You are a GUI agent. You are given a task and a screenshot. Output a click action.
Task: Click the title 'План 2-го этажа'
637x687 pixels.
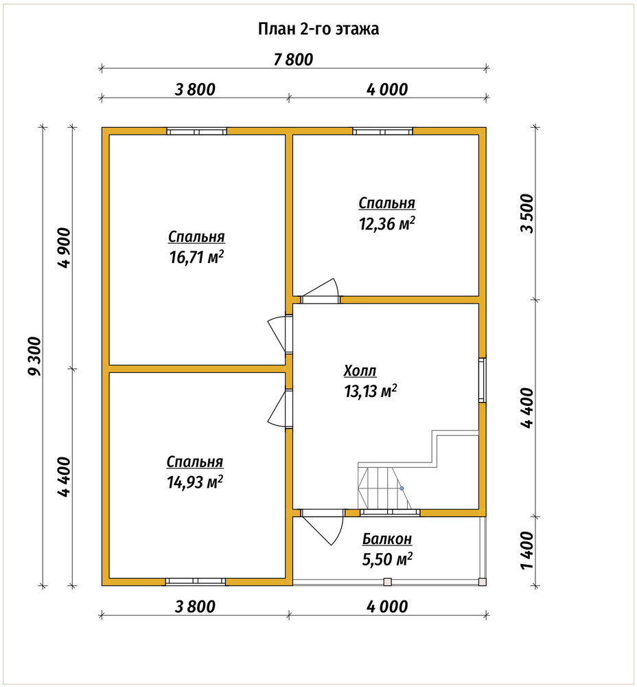318,29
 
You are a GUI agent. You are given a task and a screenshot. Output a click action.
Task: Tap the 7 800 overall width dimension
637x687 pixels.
293,60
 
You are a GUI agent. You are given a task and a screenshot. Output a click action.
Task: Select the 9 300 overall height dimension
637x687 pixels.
34,356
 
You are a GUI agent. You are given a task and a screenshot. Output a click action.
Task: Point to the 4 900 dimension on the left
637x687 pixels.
63,247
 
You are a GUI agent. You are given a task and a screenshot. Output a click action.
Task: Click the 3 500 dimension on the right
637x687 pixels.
528,214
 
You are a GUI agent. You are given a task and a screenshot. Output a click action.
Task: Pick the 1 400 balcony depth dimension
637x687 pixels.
528,551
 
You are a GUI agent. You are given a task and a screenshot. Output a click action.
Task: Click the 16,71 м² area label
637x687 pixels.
196,257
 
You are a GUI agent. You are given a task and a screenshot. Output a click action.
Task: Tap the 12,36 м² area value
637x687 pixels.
387,223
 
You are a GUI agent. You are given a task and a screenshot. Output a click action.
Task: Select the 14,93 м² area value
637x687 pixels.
195,482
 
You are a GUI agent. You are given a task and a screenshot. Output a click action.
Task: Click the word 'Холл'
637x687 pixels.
360,371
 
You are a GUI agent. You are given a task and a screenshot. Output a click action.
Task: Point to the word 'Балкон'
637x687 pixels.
387,539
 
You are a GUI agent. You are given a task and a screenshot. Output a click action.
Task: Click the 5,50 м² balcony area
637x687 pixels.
387,559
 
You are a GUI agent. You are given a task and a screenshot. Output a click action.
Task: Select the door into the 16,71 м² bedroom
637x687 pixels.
280,334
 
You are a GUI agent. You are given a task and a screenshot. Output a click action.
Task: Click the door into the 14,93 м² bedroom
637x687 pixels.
280,409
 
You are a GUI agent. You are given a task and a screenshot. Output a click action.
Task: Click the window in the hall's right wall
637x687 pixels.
482,380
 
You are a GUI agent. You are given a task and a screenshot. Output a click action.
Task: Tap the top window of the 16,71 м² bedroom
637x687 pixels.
196,131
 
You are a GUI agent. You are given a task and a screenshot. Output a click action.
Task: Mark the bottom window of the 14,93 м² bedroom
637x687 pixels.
195,581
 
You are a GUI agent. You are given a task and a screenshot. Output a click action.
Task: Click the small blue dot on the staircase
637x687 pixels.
402,488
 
